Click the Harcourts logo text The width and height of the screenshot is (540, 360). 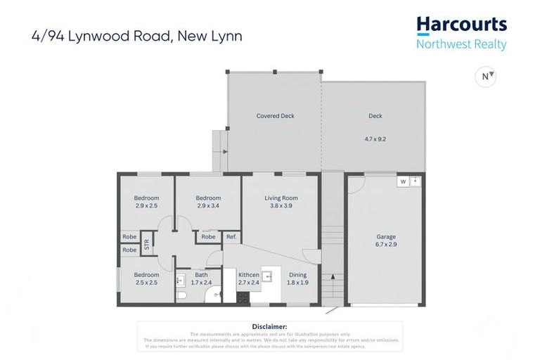461,25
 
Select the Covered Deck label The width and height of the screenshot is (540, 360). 275,116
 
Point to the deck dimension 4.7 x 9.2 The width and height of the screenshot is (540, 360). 375,139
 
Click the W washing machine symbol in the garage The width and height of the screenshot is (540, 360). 403,181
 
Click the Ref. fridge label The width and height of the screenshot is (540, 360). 231,237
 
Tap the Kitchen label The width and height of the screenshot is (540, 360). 249,274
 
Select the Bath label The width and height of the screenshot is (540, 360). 201,274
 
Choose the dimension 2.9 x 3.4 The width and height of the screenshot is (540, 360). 208,206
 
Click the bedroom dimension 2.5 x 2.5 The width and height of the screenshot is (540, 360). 146,283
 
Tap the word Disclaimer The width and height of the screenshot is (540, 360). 269,327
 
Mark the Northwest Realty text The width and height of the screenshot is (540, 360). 461,44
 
